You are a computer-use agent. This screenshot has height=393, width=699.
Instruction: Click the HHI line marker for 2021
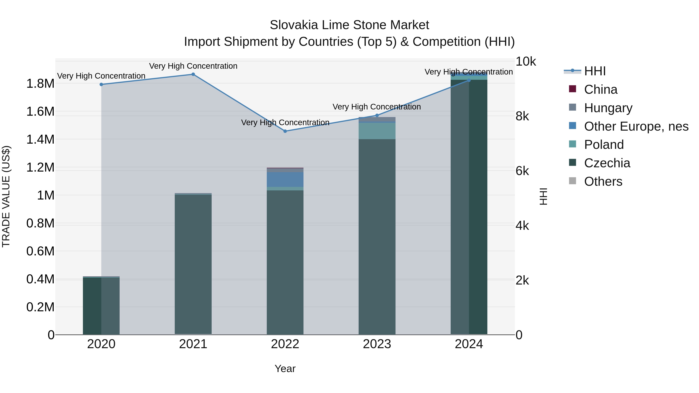click(193, 74)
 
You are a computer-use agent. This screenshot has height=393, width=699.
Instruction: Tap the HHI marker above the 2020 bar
click(101, 84)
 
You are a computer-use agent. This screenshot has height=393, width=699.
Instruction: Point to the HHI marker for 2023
click(377, 115)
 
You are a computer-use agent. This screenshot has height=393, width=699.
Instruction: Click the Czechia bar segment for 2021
click(193, 265)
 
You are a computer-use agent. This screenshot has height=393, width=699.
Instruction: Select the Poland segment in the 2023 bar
click(377, 131)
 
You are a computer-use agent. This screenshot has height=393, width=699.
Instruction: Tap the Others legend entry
click(603, 181)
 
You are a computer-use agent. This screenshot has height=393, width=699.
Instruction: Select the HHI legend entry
click(595, 71)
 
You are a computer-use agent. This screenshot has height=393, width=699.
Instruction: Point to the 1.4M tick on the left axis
click(40, 139)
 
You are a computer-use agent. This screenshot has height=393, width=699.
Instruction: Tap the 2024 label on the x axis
click(469, 344)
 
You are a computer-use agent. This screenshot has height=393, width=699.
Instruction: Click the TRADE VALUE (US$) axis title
click(6, 196)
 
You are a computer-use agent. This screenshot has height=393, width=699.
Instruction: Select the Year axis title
click(285, 369)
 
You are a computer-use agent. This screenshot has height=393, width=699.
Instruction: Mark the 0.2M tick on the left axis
click(40, 307)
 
